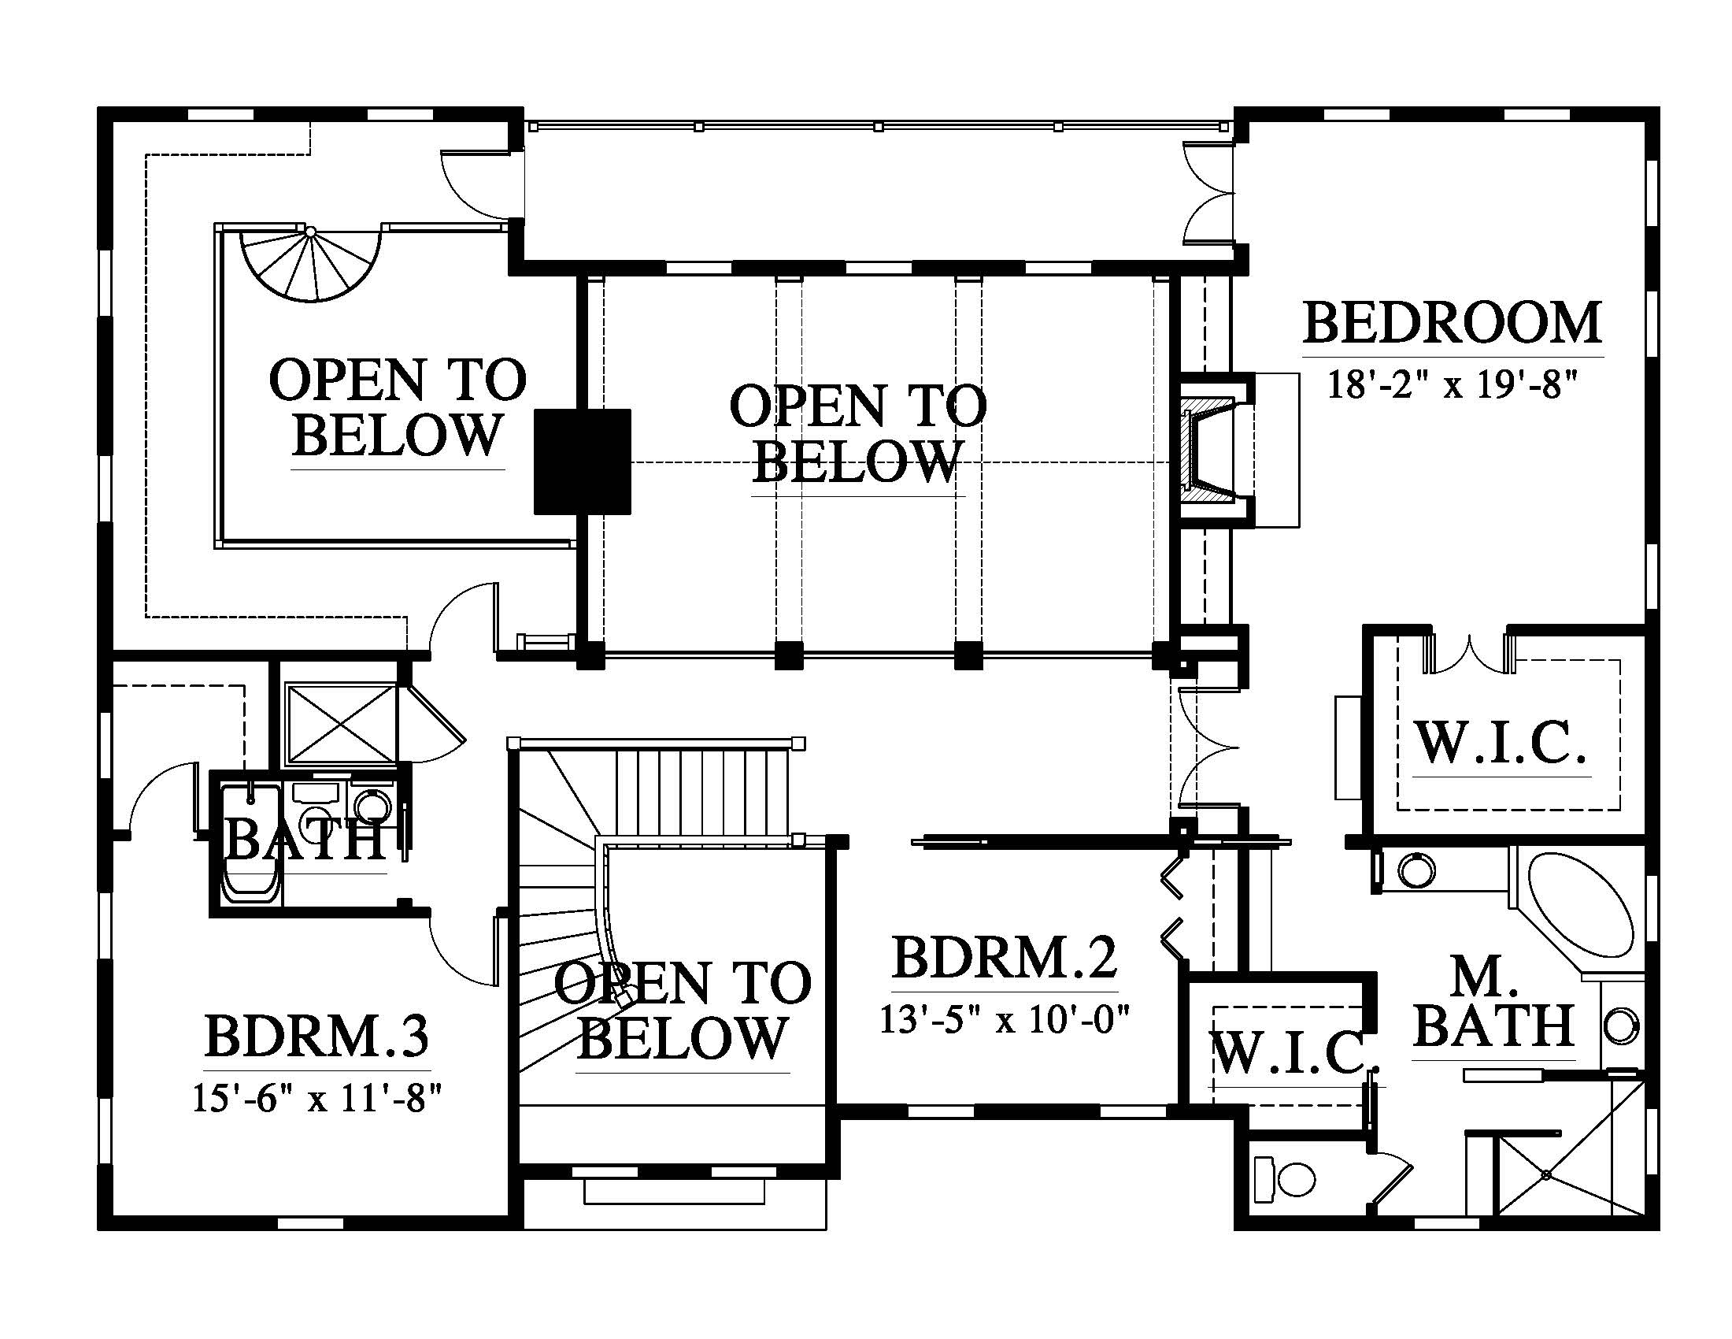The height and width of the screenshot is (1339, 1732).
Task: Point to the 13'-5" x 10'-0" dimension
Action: coord(1005,1019)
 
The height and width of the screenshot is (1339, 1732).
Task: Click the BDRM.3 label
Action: coord(317,1036)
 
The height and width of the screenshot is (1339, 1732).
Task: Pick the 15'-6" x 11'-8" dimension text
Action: coord(317,1099)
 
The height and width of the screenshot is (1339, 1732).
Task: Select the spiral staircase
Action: coord(312,265)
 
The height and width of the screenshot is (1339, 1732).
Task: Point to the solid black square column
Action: coord(583,461)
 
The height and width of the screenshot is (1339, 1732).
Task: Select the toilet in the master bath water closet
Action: coord(1286,1178)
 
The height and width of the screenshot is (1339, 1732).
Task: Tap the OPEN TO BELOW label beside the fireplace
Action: coord(858,433)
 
